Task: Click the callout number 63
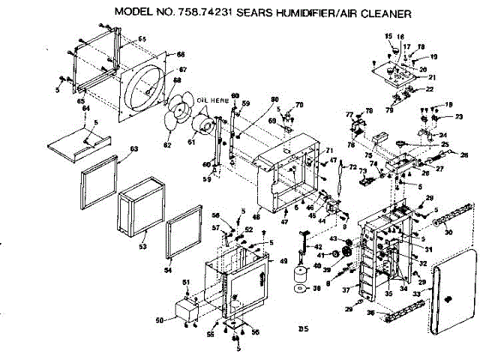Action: pyautogui.click(x=134, y=149)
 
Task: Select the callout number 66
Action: pyautogui.click(x=181, y=55)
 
